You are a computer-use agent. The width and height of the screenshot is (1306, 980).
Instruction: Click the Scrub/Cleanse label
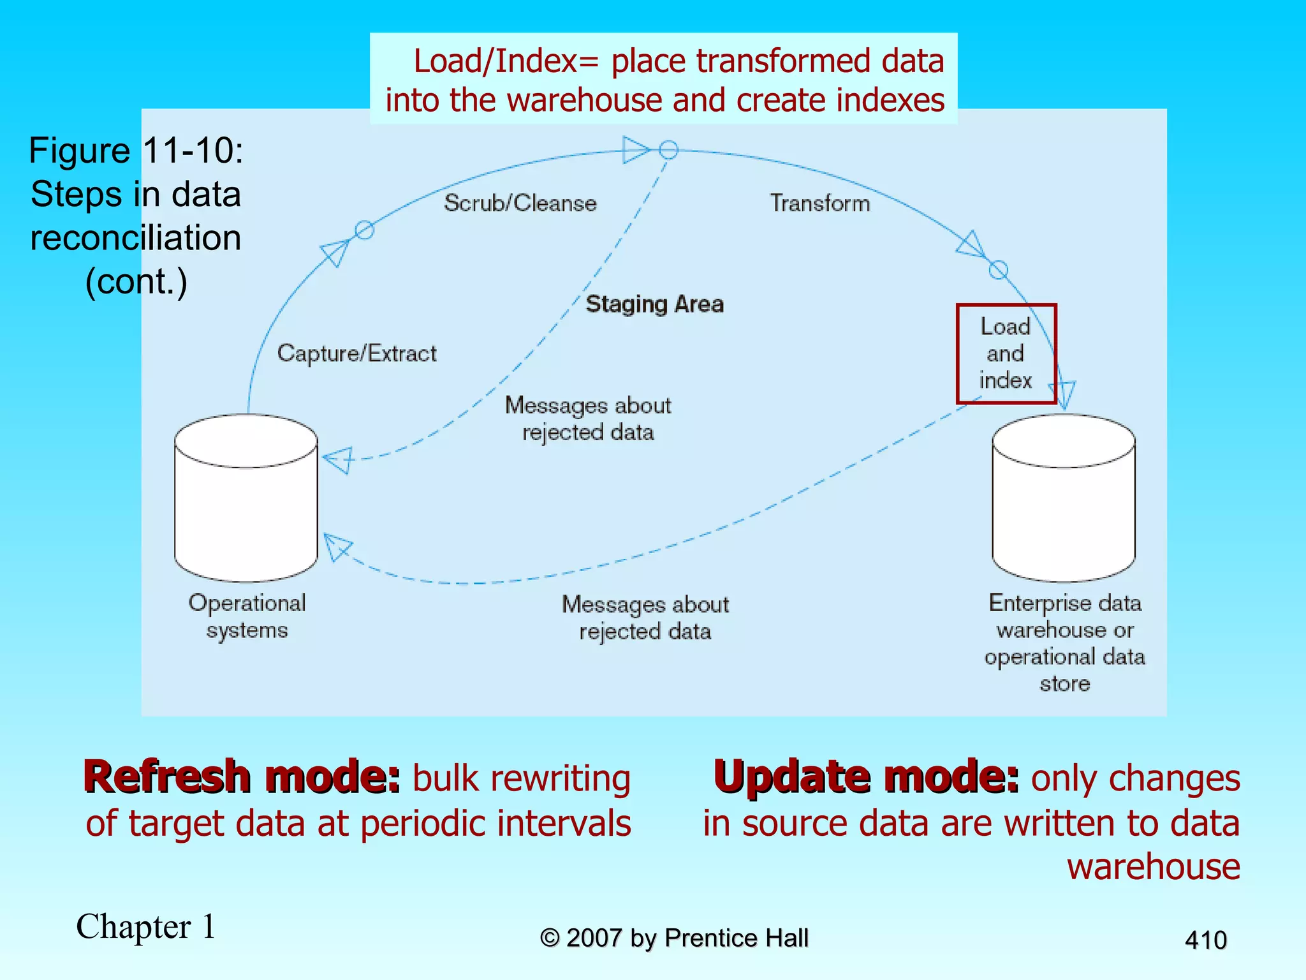pos(520,203)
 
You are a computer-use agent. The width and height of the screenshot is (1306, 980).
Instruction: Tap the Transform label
pos(819,203)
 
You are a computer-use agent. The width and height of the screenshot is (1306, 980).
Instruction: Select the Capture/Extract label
pos(356,353)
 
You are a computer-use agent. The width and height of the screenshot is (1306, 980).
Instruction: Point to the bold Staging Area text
pos(654,304)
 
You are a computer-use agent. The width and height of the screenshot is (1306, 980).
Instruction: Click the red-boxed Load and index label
pos(1006,353)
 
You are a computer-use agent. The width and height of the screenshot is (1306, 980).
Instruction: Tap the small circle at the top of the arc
pos(668,150)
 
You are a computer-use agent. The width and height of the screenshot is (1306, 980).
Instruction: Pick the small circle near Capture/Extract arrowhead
pos(364,230)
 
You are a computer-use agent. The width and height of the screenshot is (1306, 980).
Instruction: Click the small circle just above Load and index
pos(999,270)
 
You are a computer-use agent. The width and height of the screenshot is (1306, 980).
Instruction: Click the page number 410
pos(1205,940)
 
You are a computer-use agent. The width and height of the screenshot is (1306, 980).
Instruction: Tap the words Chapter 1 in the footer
pos(146,926)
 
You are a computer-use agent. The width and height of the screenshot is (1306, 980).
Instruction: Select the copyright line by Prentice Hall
pos(674,938)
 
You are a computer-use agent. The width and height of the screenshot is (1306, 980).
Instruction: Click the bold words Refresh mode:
pos(242,777)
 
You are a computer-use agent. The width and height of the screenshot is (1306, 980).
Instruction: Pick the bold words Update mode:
pos(866,777)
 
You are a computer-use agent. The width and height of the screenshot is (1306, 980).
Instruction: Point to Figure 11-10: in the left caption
pos(136,151)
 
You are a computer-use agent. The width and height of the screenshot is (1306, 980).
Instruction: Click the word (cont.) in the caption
pos(136,281)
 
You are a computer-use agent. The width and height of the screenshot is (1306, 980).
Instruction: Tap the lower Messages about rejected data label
pos(645,617)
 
